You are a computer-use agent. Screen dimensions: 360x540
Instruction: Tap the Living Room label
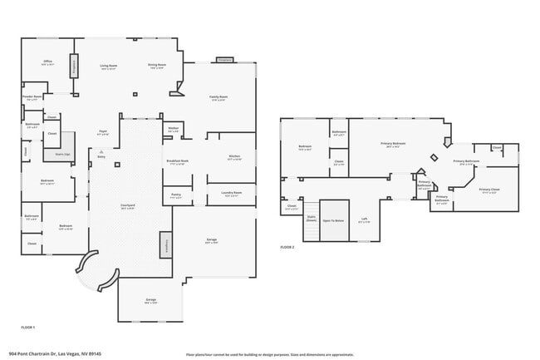(109, 66)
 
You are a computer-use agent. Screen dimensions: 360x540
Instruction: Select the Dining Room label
(158, 66)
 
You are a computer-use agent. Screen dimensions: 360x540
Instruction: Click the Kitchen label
(234, 156)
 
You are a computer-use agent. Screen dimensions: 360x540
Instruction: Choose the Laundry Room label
(232, 194)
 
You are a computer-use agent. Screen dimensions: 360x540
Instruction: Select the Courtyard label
(127, 206)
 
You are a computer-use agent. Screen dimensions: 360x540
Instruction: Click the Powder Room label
(32, 97)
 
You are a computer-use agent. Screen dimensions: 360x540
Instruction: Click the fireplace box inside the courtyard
(164, 245)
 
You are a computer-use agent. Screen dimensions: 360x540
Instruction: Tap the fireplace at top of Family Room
(224, 60)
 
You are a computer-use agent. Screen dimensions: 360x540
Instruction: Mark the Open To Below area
(333, 221)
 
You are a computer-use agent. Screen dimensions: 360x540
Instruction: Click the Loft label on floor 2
(364, 220)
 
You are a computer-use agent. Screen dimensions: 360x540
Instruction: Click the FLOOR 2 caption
(287, 248)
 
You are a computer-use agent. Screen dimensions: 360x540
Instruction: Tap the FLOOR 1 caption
(27, 328)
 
